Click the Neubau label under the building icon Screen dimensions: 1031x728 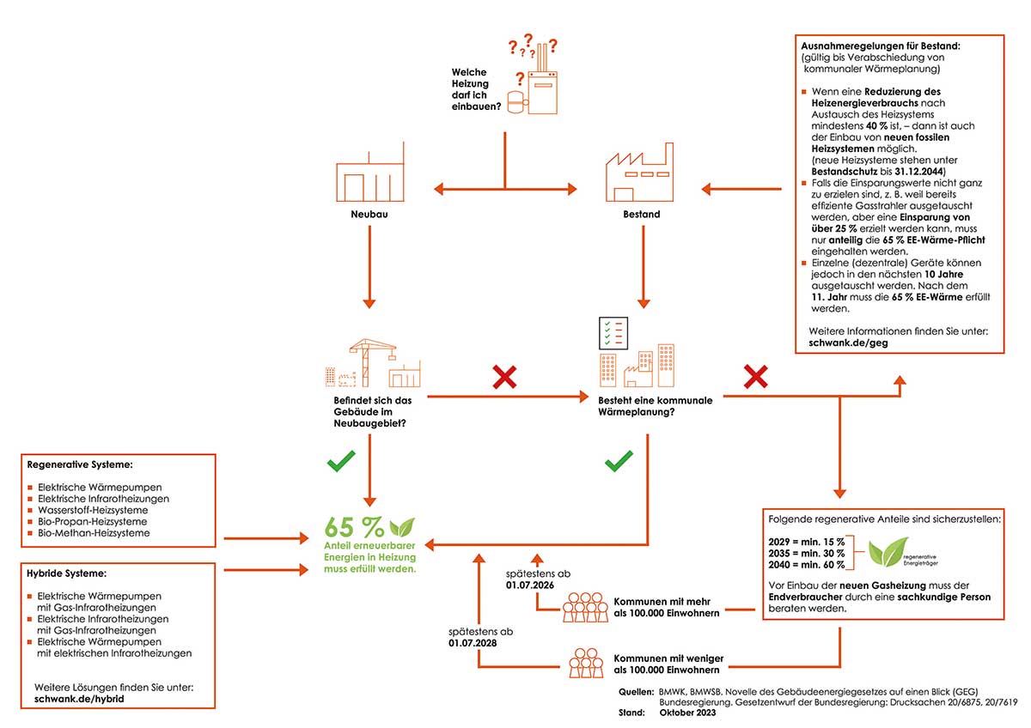(369, 215)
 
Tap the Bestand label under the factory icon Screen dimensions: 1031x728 (642, 215)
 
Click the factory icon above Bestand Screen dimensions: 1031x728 (639, 172)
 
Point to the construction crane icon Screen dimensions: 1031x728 (372, 363)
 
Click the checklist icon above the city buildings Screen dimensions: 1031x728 (613, 333)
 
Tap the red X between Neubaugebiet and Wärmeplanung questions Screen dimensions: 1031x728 (504, 377)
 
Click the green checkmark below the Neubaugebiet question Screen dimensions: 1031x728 (341, 461)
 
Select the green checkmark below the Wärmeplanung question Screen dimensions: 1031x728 (619, 461)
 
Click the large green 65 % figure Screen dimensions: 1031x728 (354, 527)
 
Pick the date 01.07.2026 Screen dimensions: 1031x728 (530, 585)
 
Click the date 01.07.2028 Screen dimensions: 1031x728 (473, 643)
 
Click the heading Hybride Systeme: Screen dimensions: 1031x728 (66, 573)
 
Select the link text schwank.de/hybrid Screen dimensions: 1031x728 (79, 699)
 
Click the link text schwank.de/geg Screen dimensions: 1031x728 (848, 343)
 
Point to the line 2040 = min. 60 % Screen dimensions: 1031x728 (807, 565)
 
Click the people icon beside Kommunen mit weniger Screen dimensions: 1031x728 (586, 663)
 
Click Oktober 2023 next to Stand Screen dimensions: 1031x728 (687, 713)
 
